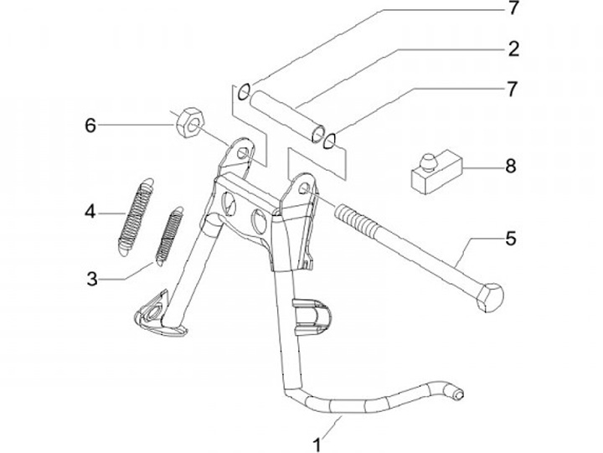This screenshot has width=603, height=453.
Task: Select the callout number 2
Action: coord(512,48)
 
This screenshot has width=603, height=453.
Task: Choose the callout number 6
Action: coord(90,126)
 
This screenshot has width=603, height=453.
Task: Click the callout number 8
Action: coord(510,166)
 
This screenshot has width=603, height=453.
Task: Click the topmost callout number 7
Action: coord(512,9)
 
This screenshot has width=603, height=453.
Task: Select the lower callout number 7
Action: coord(512,87)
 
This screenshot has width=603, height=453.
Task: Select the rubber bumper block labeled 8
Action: coord(434,171)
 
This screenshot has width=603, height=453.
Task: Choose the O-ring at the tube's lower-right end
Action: coord(332,138)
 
